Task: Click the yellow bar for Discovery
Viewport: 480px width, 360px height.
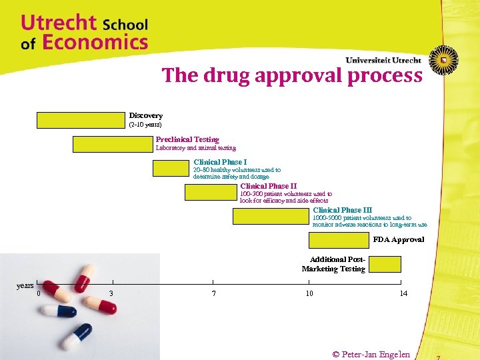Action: [x=81, y=120]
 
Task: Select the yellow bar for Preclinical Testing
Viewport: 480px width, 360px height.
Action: [x=112, y=144]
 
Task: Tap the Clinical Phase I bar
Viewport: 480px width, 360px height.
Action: [x=171, y=168]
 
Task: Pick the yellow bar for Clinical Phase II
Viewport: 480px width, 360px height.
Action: [x=211, y=193]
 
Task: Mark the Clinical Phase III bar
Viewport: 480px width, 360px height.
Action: [x=271, y=216]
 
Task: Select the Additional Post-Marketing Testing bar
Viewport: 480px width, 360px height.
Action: [x=385, y=264]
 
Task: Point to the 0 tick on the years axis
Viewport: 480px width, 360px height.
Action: [x=39, y=293]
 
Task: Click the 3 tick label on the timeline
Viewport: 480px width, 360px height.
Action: [x=111, y=293]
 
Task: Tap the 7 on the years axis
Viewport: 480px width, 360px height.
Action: [x=213, y=293]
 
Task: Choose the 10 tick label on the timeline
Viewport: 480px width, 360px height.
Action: [x=309, y=293]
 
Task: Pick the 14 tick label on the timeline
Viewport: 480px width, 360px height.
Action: [x=403, y=293]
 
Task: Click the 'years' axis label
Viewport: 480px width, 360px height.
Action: [x=25, y=285]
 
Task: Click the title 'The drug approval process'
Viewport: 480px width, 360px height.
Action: [x=292, y=75]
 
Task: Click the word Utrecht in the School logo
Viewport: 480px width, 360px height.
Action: [x=59, y=23]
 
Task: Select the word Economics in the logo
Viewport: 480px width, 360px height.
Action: [x=95, y=43]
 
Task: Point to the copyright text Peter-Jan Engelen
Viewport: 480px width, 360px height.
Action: [x=371, y=354]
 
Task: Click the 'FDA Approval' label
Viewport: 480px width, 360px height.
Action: [x=398, y=239]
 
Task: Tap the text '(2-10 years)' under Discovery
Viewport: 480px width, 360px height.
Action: [x=145, y=125]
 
